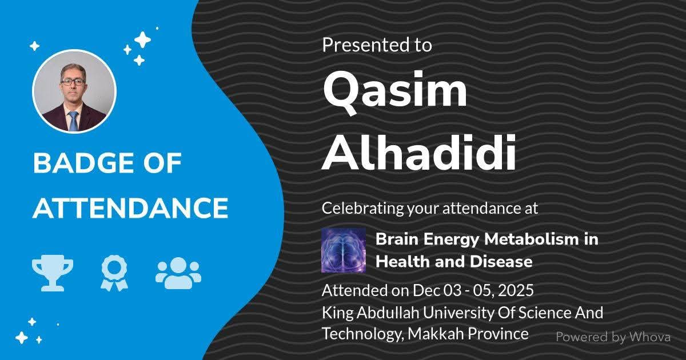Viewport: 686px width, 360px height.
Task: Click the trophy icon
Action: tap(53, 273)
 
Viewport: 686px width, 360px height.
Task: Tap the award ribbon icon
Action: tap(114, 274)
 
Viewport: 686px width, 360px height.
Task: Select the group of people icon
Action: tap(178, 273)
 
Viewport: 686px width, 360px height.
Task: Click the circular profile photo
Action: tap(74, 91)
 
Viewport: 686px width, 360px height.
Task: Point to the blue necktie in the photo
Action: tap(74, 121)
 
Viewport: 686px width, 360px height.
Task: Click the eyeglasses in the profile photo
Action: tap(73, 82)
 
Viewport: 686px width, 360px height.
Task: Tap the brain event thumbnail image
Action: tap(344, 250)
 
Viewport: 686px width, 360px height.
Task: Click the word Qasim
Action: tap(395, 92)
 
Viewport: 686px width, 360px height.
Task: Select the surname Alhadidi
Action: tap(418, 152)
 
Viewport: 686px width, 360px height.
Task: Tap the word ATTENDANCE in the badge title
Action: tap(130, 208)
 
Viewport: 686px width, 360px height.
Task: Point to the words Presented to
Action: tap(377, 45)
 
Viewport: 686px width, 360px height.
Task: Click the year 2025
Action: tap(516, 290)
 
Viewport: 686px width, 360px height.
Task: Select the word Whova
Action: tap(650, 337)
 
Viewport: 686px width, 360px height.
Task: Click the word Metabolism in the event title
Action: tap(532, 239)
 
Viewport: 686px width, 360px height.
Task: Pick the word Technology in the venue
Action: tap(363, 334)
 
